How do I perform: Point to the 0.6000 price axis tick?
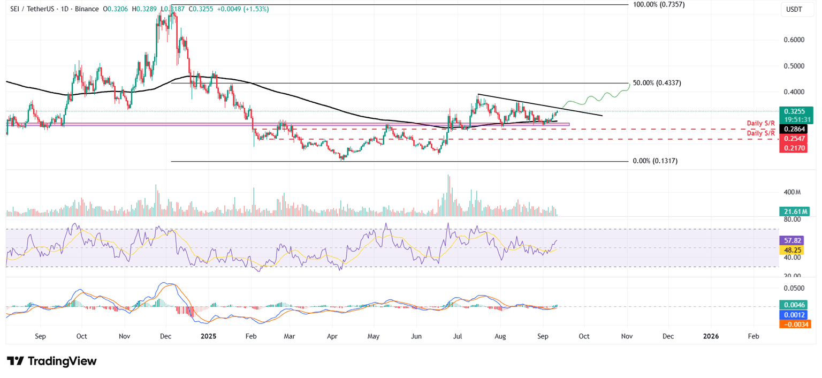[794, 40]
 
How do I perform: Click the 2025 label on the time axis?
[208, 336]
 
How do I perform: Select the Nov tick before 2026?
[627, 336]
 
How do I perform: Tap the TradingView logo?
[52, 361]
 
